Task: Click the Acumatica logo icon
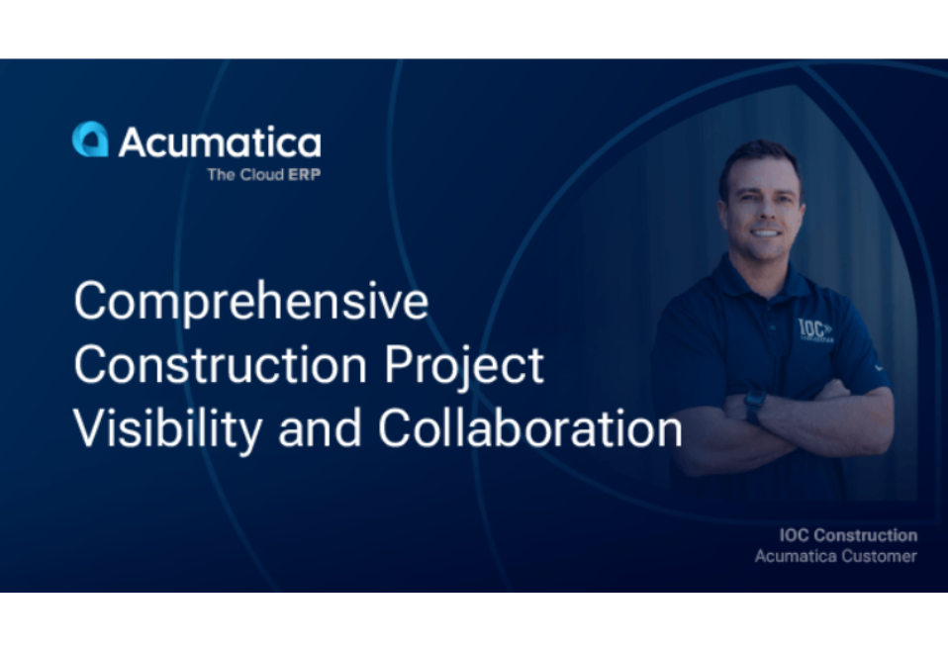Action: pyautogui.click(x=90, y=139)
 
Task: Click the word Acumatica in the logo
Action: pyautogui.click(x=220, y=141)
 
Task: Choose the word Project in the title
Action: pyautogui.click(x=464, y=366)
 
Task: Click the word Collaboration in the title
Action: pyautogui.click(x=529, y=429)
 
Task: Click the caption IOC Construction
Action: pyautogui.click(x=848, y=535)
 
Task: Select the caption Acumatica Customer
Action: pyautogui.click(x=835, y=556)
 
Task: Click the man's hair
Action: pyautogui.click(x=760, y=156)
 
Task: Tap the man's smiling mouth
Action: pyautogui.click(x=765, y=232)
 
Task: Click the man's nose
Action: pyautogui.click(x=763, y=211)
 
